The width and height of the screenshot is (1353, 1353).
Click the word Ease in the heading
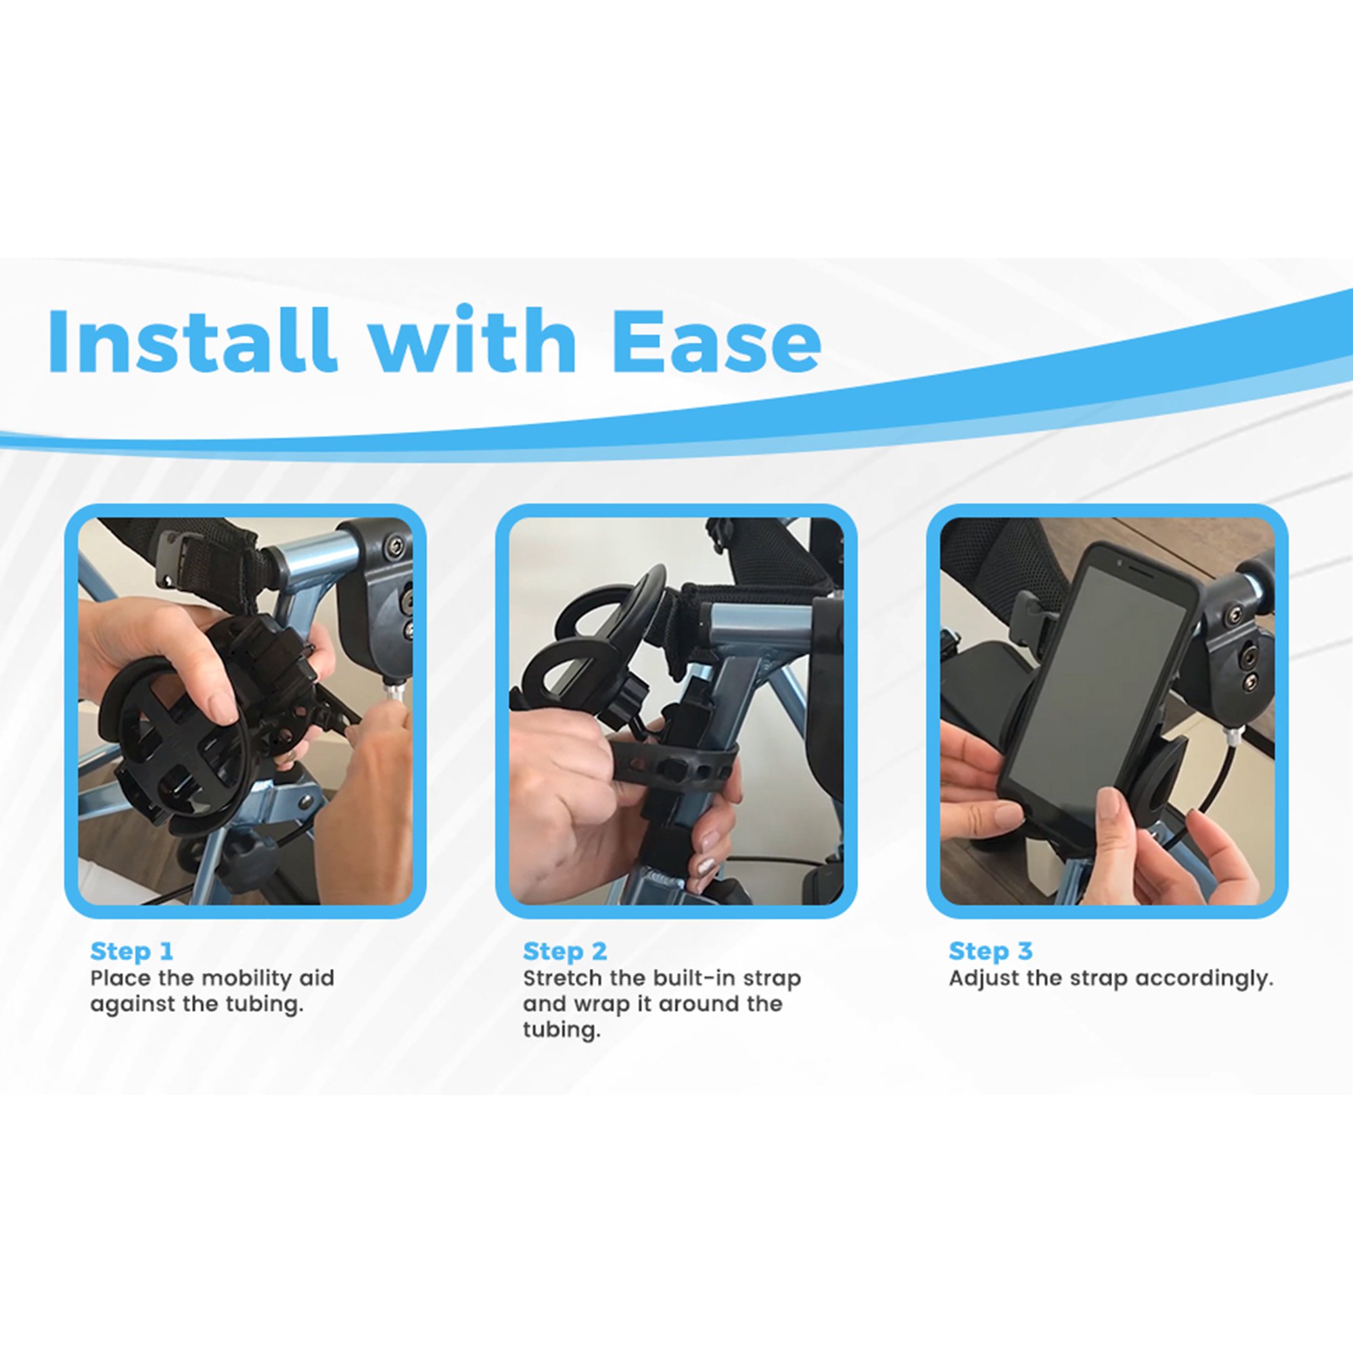(x=716, y=341)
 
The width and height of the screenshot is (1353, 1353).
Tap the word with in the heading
(x=473, y=341)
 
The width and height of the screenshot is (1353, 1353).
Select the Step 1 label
(x=131, y=951)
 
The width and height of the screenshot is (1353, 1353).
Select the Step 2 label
(x=564, y=951)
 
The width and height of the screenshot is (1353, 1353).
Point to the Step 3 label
(x=990, y=951)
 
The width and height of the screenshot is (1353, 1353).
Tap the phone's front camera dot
(x=1119, y=562)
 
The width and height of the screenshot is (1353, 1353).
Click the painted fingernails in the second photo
(x=708, y=851)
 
